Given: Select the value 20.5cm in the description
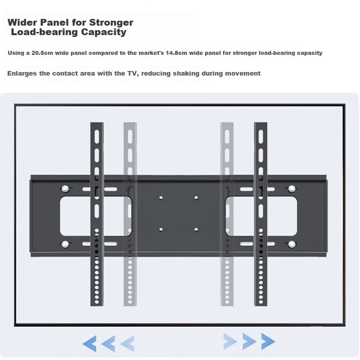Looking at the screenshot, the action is tap(42, 53).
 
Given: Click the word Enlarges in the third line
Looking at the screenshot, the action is tap(22, 74).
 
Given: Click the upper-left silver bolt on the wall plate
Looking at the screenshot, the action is tap(65, 189).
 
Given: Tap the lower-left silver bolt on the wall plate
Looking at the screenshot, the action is tap(65, 245).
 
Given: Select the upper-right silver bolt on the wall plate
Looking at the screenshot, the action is tap(292, 189).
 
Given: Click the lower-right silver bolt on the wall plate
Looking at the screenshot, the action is tap(292, 245).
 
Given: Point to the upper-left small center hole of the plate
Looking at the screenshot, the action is tap(161, 198).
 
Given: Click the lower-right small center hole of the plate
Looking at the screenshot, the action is tap(196, 229).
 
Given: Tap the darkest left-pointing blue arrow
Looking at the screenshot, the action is tap(89, 343).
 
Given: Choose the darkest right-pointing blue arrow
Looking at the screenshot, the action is tap(268, 341).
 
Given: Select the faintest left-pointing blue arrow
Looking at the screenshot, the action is tap(127, 343).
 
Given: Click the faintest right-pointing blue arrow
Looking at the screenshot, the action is tap(230, 341).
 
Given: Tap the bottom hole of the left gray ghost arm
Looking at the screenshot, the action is tap(130, 302).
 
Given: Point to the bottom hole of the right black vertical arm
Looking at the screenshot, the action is tap(261, 302).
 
